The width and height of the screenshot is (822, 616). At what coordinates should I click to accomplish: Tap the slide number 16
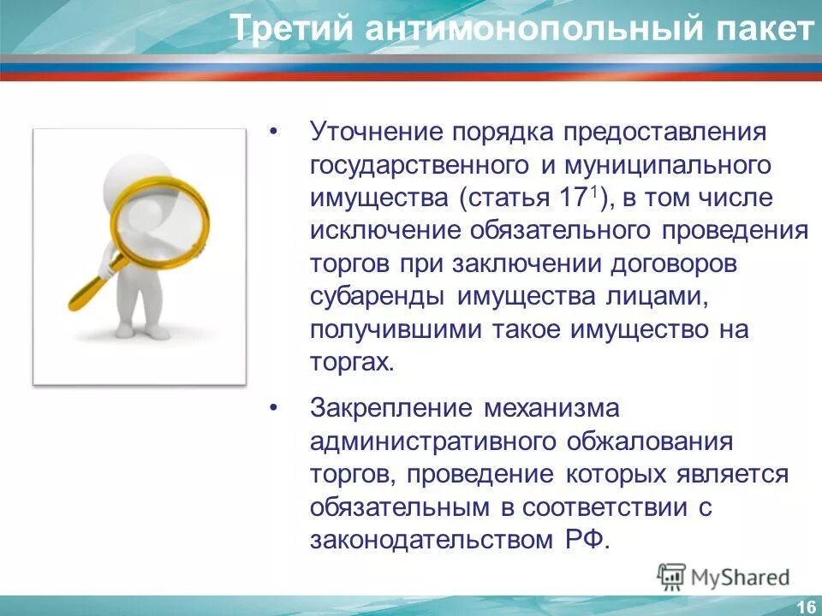point(805,607)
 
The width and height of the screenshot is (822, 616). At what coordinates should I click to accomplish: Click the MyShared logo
point(724,577)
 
